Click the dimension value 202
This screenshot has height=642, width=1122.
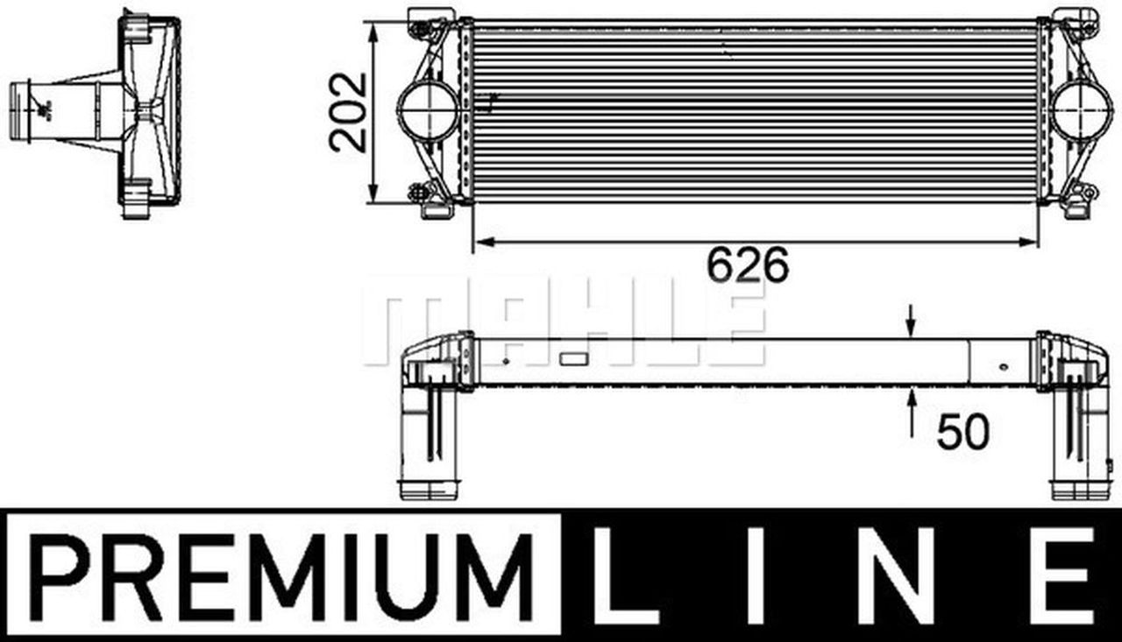[348, 112]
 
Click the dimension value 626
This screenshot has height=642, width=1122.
[748, 265]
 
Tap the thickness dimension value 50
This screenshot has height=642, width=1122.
[962, 431]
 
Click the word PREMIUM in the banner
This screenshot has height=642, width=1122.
[280, 575]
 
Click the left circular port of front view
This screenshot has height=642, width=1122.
[428, 110]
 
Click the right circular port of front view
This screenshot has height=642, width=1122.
[1080, 110]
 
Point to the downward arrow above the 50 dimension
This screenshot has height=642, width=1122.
[912, 322]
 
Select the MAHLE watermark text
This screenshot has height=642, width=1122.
[561, 320]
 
